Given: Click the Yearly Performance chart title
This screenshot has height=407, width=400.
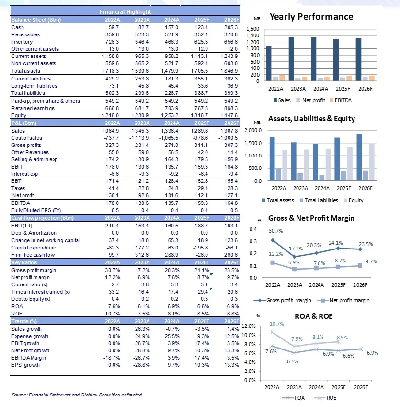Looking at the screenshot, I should (311, 17).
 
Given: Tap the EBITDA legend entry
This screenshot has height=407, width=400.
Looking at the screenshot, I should (341, 100).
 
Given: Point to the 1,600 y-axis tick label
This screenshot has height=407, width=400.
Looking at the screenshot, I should (252, 29).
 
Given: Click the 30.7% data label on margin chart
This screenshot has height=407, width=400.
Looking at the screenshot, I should (276, 231).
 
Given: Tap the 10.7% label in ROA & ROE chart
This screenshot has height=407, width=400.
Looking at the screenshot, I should (277, 324).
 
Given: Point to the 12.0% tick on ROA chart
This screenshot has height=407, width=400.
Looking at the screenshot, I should (248, 326).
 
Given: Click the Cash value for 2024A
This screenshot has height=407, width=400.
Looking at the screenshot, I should (172, 27).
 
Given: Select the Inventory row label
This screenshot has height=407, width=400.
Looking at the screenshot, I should (22, 42).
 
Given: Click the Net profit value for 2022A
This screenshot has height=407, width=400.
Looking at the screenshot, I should (112, 195).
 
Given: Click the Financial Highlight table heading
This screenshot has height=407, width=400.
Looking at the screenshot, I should (125, 12).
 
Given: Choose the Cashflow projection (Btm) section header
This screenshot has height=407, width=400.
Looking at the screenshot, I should (42, 218).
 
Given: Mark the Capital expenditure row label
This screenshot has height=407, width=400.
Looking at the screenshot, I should (34, 248).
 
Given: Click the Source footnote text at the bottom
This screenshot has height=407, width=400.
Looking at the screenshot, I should (77, 395).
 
